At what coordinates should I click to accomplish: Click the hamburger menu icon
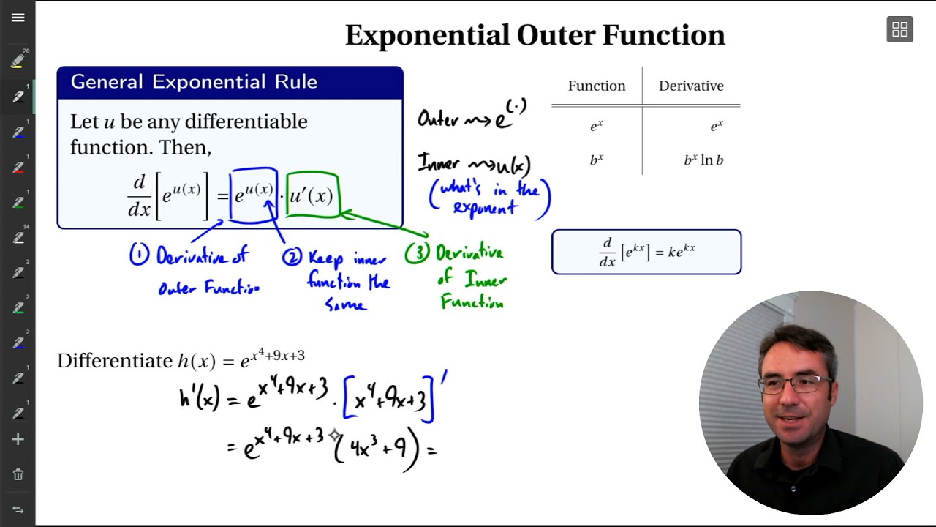tap(18, 18)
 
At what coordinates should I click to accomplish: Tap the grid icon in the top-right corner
tap(899, 29)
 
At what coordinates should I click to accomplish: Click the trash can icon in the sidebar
tap(18, 474)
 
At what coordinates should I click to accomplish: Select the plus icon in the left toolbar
tap(18, 439)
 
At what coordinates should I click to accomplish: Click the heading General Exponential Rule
tap(194, 82)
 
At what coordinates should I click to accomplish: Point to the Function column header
tap(597, 86)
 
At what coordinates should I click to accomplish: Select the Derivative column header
tap(691, 86)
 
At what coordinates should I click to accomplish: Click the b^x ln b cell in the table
tap(703, 160)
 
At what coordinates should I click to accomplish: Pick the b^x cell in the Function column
tap(597, 160)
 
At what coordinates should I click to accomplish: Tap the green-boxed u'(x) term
tap(312, 195)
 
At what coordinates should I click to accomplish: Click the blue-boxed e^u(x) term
tap(254, 195)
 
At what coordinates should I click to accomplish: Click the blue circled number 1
tap(139, 255)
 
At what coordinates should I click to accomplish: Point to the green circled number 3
tap(416, 253)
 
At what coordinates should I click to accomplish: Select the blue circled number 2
tap(292, 257)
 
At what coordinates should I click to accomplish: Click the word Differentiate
tap(115, 361)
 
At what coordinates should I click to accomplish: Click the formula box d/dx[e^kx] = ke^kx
tap(646, 252)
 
